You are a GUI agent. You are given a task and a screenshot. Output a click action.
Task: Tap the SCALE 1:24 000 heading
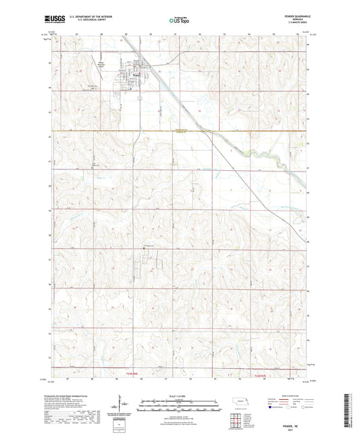pyautogui.click(x=180, y=395)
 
